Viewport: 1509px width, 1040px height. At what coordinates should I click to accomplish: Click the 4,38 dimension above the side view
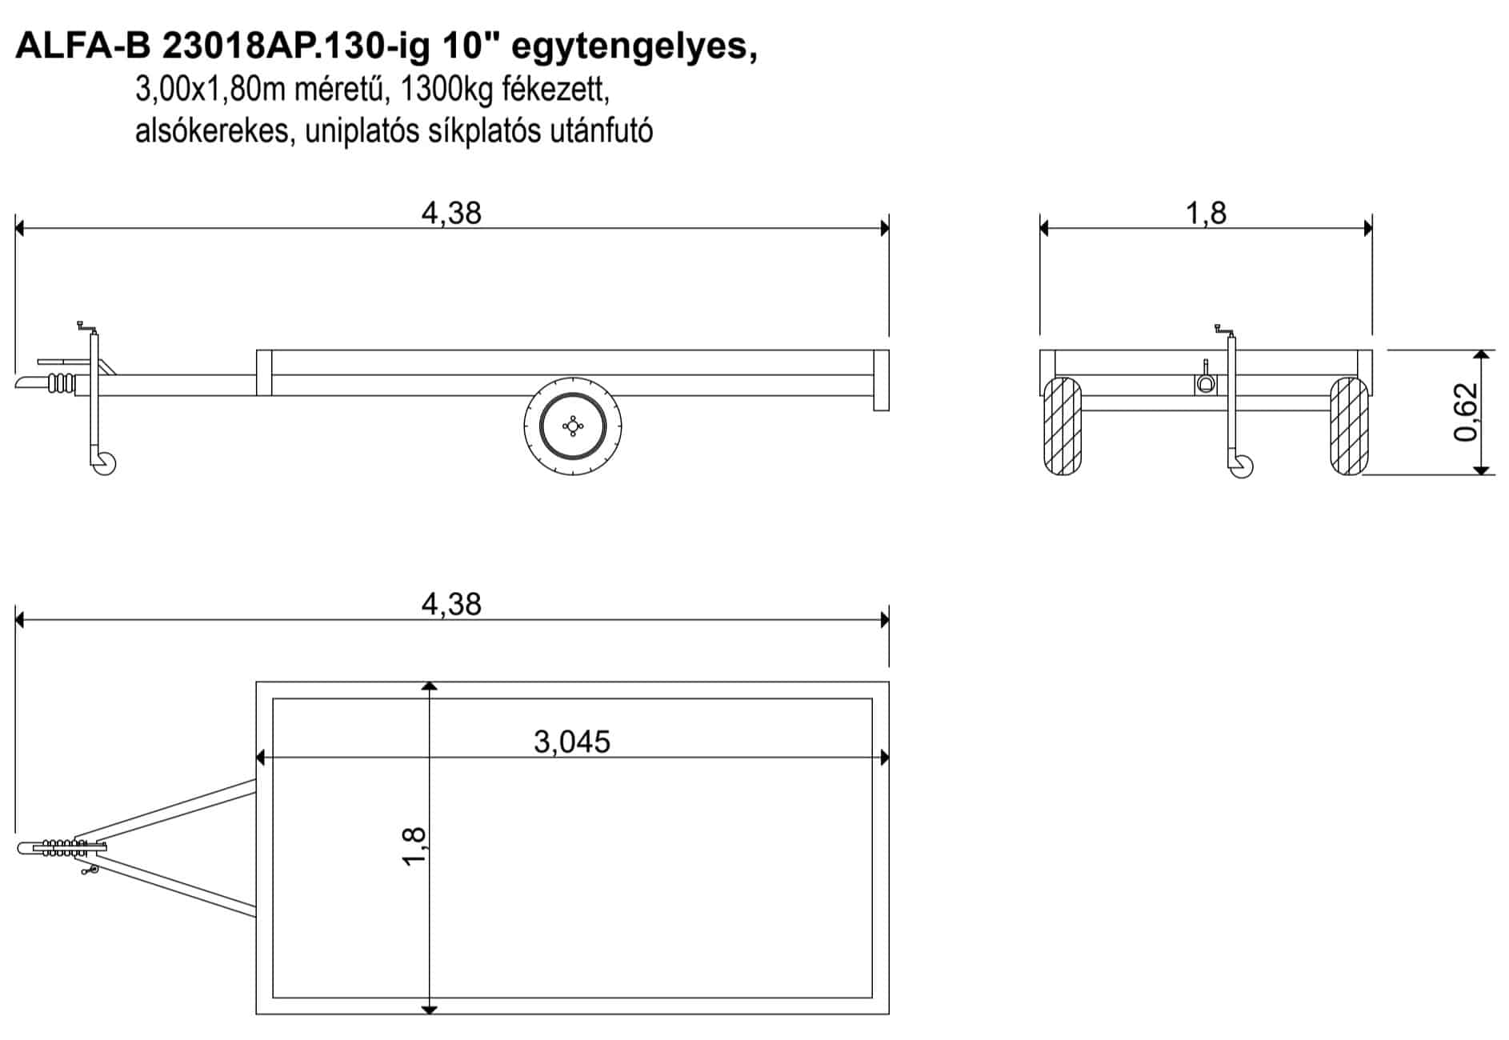point(451,213)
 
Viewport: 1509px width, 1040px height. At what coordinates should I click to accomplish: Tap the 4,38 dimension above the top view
point(451,604)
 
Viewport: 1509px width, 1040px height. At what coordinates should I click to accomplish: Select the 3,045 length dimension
point(572,742)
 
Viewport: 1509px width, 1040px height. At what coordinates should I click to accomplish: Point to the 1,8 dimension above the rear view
point(1206,213)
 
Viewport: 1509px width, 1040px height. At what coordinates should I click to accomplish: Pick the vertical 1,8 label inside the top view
point(414,846)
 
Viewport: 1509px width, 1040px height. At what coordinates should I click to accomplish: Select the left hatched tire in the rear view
point(1063,426)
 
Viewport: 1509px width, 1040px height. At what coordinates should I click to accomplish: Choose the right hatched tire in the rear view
point(1349,426)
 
